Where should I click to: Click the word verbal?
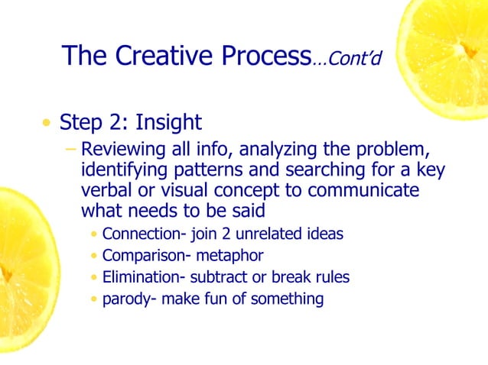click(x=106, y=189)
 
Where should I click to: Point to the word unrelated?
click(x=266, y=234)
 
